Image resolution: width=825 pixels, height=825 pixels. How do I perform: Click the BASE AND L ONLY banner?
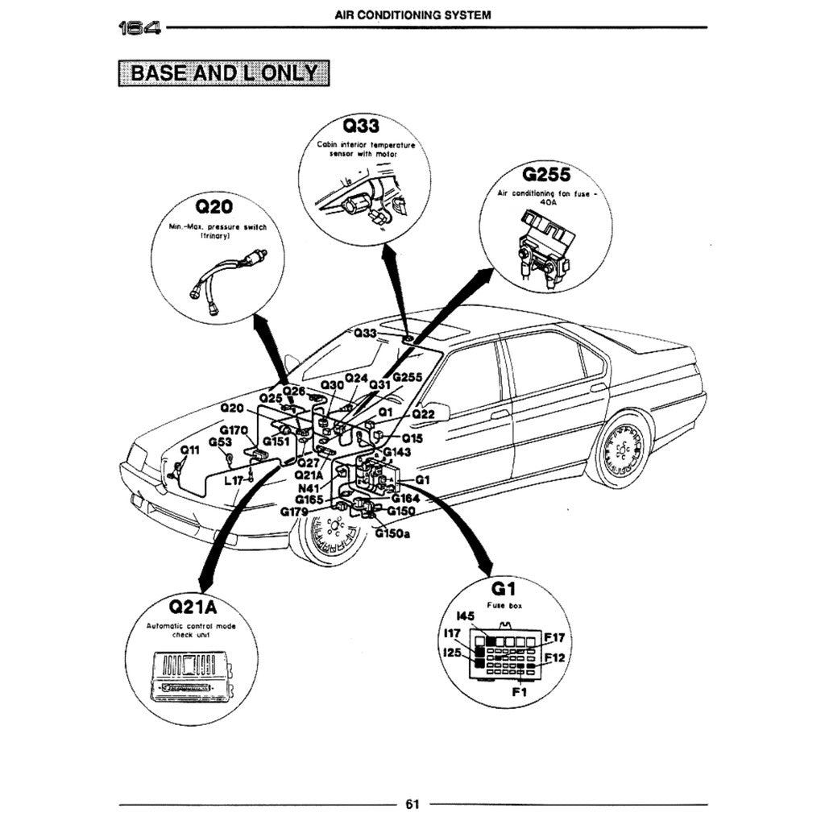(x=224, y=73)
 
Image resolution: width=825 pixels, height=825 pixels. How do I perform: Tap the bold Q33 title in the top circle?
(x=361, y=126)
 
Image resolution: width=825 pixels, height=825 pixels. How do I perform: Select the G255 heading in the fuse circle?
(x=546, y=174)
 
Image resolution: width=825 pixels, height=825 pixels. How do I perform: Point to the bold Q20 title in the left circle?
(x=214, y=208)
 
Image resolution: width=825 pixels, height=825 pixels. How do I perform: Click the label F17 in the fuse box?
(x=554, y=638)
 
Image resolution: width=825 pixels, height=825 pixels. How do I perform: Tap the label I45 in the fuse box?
(x=466, y=617)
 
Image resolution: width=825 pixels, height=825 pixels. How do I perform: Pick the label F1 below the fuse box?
(x=519, y=691)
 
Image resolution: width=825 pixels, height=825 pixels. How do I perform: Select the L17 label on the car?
(x=234, y=480)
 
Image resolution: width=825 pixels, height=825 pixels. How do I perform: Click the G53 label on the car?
(x=220, y=442)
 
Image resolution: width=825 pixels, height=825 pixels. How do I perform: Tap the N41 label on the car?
(x=309, y=488)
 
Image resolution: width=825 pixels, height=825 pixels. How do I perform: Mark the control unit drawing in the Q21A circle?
(x=193, y=675)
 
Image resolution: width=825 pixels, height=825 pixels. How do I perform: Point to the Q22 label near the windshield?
(x=423, y=414)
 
